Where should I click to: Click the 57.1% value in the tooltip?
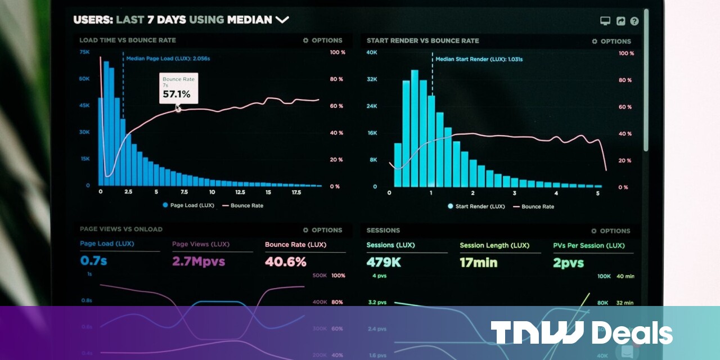(x=176, y=94)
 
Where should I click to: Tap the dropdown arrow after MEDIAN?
(x=282, y=20)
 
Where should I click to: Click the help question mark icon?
(x=634, y=21)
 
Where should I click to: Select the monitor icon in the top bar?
(x=605, y=21)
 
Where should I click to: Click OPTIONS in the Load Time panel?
(x=322, y=40)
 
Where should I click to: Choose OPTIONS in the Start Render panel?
(x=611, y=41)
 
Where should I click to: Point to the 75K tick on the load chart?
(x=84, y=52)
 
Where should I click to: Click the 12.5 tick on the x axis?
(x=240, y=192)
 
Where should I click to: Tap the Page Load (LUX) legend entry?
(x=188, y=205)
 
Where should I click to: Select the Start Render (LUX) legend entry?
(x=476, y=206)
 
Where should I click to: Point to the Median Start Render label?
(x=479, y=59)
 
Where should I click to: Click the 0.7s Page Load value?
(x=93, y=261)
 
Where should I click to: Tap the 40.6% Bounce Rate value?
(x=286, y=262)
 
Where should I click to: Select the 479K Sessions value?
(x=384, y=263)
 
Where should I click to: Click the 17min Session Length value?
(x=478, y=263)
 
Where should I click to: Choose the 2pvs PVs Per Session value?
(x=568, y=263)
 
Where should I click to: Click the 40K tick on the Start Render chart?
(x=372, y=52)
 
